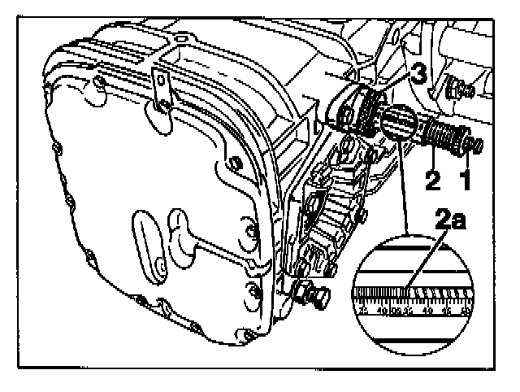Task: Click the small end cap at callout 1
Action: pos(476,146)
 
